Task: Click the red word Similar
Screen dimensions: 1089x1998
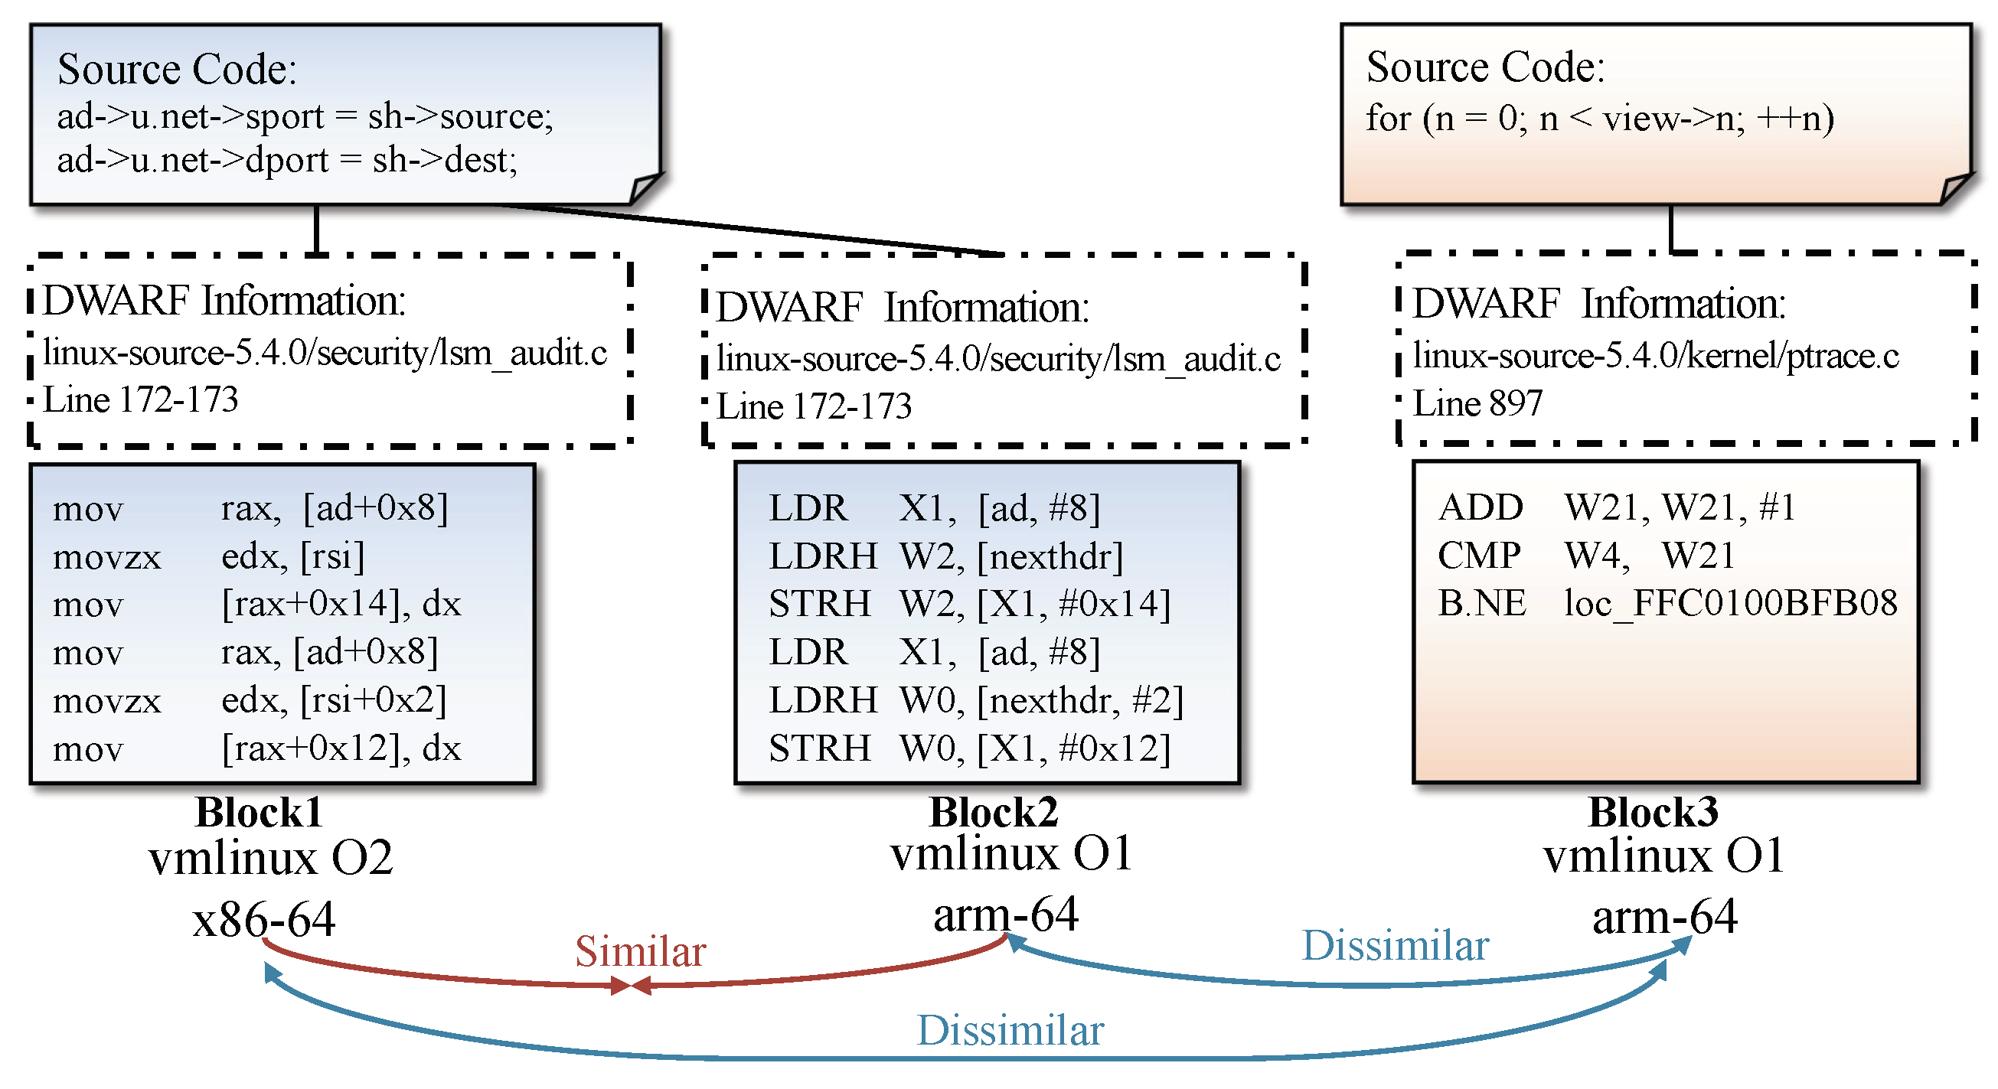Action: point(640,951)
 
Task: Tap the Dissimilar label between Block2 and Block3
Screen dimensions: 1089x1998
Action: point(1395,945)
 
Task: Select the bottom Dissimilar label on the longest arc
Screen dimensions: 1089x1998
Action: point(1010,1031)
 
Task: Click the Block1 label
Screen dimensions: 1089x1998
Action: point(258,812)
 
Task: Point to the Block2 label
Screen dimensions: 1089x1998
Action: point(994,812)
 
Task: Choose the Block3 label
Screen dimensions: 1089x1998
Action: point(1653,812)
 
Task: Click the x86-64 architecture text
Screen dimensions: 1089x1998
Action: point(263,920)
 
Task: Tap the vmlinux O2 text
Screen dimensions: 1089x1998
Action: point(270,858)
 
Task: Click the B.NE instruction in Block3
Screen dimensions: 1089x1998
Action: point(1481,604)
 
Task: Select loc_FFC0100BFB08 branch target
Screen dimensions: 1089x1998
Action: point(1729,604)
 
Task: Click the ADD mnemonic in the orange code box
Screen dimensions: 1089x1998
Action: point(1480,508)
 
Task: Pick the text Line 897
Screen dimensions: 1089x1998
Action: point(1477,403)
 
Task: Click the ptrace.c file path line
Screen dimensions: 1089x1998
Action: point(1655,355)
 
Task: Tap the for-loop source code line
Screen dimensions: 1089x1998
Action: point(1599,119)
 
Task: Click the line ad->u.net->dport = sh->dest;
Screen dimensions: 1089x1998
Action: point(287,161)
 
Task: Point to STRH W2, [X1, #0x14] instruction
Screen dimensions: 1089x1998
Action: point(968,605)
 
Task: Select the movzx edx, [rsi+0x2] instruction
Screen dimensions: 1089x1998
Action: point(248,700)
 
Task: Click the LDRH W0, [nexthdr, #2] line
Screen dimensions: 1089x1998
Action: point(975,700)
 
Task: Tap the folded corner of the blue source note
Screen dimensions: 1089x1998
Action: point(645,188)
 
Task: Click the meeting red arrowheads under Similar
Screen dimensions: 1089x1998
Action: point(630,986)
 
